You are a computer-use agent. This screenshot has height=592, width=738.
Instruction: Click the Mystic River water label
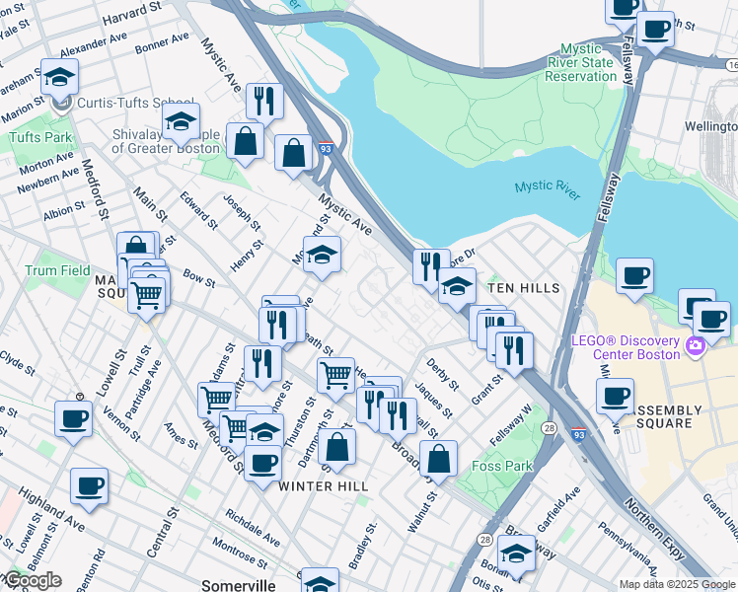546,188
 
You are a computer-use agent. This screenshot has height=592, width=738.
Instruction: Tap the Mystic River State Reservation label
588,62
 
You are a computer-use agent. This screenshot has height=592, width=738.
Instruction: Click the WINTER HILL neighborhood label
323,486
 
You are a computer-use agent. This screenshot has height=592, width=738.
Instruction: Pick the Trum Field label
57,270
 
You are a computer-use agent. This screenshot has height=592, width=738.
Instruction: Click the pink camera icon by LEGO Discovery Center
696,344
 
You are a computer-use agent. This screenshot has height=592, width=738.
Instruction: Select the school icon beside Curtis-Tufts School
60,79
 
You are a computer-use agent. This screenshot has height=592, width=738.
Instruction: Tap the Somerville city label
238,585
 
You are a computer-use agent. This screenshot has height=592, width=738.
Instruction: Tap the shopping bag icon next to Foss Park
438,459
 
